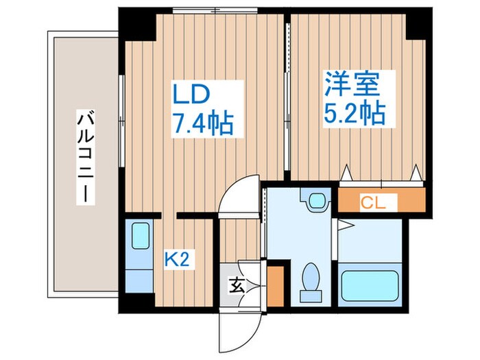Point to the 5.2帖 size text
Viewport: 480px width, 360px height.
click(354, 112)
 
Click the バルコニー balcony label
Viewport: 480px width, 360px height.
click(84, 156)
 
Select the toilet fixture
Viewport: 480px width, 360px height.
click(311, 281)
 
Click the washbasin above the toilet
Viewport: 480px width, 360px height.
click(316, 202)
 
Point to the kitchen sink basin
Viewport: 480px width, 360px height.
click(140, 237)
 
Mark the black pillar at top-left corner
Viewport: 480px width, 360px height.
click(137, 25)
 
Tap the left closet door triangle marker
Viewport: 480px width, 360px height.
click(347, 173)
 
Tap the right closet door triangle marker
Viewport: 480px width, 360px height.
click(416, 173)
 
